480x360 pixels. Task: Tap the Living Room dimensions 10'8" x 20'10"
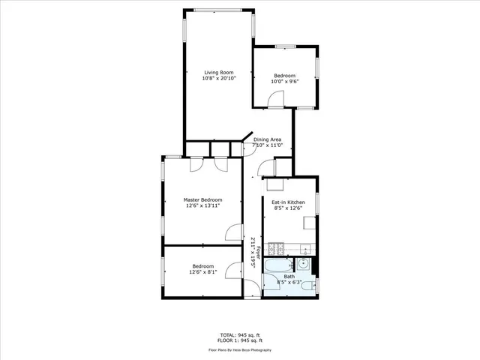(x=219, y=79)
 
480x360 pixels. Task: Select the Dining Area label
(x=267, y=139)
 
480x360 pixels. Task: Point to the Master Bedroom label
(x=203, y=199)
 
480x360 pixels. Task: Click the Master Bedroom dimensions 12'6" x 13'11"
(x=203, y=206)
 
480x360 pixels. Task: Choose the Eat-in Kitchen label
(x=289, y=203)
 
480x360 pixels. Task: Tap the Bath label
(x=289, y=277)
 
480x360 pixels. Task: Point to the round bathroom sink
(x=303, y=262)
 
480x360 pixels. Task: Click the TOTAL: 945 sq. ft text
(x=240, y=334)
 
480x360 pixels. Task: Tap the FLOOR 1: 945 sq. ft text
(x=240, y=340)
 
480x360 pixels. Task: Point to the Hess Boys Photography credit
(x=240, y=349)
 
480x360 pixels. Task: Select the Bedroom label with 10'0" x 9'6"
(x=284, y=76)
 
